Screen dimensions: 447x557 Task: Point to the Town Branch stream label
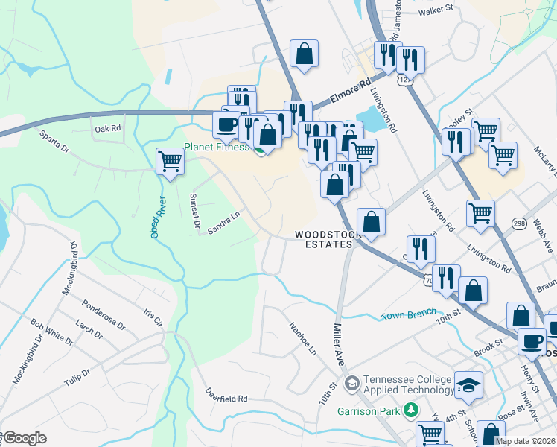[408, 316]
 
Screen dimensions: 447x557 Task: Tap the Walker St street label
[436, 10]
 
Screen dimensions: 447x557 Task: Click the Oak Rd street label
[107, 129]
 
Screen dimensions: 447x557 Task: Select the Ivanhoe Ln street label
[302, 337]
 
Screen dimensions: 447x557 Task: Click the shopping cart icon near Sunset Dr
[171, 160]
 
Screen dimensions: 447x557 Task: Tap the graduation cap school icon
[468, 384]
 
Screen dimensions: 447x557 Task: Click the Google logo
[24, 438]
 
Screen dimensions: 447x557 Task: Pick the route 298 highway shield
[520, 223]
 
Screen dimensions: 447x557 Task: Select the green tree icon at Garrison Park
[409, 410]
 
